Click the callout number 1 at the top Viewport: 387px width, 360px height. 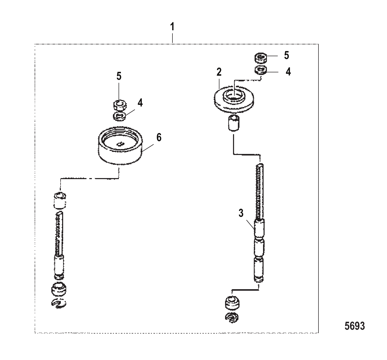[172, 27]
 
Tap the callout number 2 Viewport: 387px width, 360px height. [219, 72]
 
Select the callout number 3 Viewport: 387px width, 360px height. [241, 213]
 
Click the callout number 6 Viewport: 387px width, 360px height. [159, 138]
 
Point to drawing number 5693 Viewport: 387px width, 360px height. [355, 326]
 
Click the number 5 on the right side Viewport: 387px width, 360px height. [286, 55]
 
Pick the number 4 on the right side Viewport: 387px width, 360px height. [288, 72]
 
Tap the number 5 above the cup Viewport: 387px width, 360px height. [119, 76]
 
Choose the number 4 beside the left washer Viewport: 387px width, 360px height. [140, 103]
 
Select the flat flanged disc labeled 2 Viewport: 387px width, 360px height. [234, 99]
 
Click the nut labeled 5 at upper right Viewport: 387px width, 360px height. [261, 58]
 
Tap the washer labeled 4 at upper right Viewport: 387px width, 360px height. [261, 70]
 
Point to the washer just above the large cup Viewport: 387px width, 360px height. [119, 116]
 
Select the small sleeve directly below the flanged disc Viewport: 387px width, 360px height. [234, 123]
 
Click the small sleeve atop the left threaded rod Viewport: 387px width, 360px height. [60, 200]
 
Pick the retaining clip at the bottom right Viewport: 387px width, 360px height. [232, 318]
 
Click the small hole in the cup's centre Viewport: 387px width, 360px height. [120, 144]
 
